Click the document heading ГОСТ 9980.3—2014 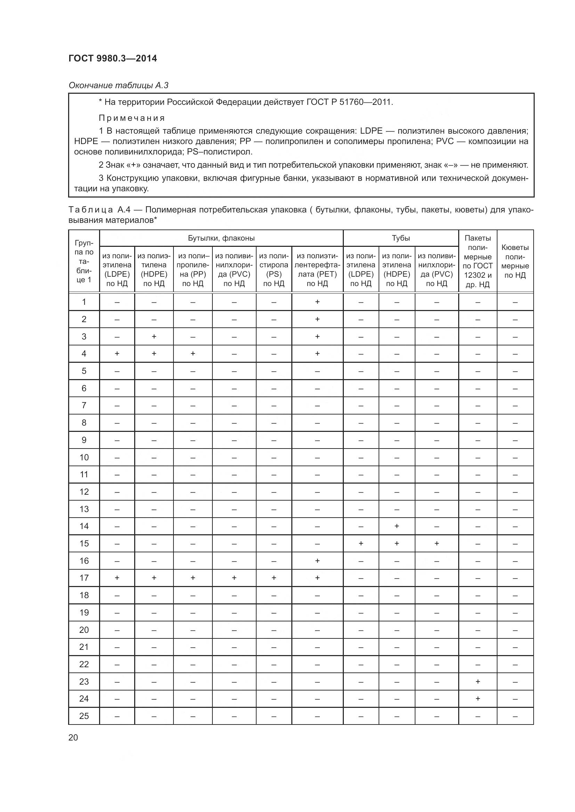113,58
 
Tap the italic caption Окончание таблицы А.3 118,85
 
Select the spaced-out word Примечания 132,118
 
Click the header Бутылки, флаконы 221,238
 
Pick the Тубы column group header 401,238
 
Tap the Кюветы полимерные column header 515,261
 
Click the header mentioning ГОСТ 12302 478,261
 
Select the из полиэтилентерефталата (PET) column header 317,269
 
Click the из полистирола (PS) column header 274,269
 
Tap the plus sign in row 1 317,302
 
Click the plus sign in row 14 397,526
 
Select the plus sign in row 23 478,681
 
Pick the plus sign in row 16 317,561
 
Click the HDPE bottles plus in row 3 154,336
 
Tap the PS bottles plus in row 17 274,578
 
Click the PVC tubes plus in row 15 437,543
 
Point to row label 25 84,716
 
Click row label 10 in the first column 84,457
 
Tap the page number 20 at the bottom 73,737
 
